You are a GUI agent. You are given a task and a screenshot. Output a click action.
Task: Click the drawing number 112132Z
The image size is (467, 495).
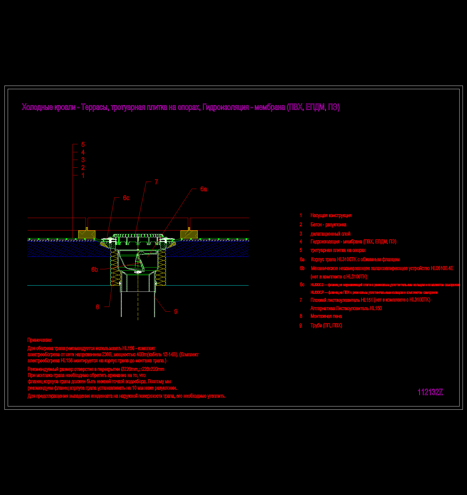coord(430,392)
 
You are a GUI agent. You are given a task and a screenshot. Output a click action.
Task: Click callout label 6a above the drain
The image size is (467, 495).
coord(203,189)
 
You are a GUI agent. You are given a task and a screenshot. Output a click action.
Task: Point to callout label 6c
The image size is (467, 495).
coord(126,198)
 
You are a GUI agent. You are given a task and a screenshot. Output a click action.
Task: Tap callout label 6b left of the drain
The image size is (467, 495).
coord(95,269)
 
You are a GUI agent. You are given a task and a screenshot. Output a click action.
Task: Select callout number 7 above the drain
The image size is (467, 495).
coord(156,182)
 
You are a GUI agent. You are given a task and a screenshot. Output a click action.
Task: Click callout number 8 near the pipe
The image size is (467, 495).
coord(97,307)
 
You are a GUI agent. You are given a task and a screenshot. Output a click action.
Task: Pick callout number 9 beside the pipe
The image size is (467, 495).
coord(176,311)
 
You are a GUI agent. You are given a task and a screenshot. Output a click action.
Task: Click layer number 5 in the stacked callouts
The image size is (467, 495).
coord(83,144)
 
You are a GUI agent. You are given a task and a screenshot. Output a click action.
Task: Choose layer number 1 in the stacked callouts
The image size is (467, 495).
coord(83,175)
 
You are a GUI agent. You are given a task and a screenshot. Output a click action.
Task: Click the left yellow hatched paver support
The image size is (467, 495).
coord(87,234)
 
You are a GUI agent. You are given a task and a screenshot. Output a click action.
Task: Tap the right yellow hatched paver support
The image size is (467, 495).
coord(189,234)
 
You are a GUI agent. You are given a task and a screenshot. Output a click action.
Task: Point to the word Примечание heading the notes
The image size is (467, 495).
coord(40,340)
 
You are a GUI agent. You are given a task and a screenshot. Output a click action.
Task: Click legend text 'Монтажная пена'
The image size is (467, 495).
coord(326,316)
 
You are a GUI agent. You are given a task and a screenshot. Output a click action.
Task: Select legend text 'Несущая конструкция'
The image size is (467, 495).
coord(331,215)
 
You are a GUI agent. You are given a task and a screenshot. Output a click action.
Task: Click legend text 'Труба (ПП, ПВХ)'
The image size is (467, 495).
coord(326,325)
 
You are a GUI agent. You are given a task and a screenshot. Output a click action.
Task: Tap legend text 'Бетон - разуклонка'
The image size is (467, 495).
coord(328,225)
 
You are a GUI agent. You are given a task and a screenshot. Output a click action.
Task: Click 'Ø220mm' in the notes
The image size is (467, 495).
coord(129,369)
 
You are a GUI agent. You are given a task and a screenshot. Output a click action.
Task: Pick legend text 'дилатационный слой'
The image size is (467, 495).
coord(330,234)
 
